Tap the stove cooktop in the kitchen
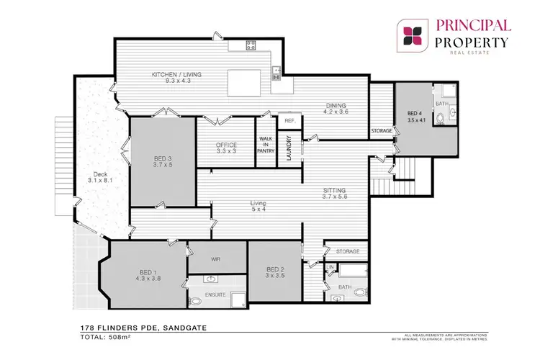251,45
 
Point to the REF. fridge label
290,121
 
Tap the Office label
227,145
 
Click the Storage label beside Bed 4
382,131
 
